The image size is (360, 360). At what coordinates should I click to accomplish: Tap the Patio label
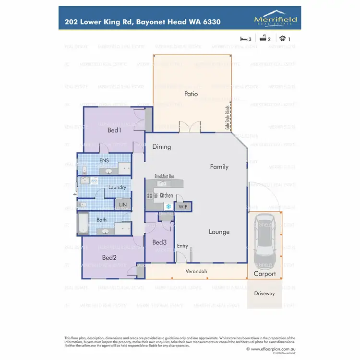(191, 94)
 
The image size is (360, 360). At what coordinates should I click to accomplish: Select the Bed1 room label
(114, 130)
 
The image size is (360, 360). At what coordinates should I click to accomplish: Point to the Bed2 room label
(109, 257)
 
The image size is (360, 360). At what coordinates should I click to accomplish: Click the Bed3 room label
(159, 242)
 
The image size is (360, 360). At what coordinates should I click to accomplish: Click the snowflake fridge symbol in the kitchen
(168, 206)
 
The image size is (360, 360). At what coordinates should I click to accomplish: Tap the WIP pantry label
(183, 206)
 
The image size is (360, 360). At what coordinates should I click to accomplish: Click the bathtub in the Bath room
(84, 224)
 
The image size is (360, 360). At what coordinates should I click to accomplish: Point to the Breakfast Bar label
(164, 177)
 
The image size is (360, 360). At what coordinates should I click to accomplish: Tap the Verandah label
(196, 272)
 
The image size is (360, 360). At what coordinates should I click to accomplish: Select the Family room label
(219, 167)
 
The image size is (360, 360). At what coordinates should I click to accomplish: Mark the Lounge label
(219, 232)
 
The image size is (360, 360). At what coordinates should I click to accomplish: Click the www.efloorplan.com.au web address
(274, 349)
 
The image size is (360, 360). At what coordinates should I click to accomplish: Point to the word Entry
(182, 246)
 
